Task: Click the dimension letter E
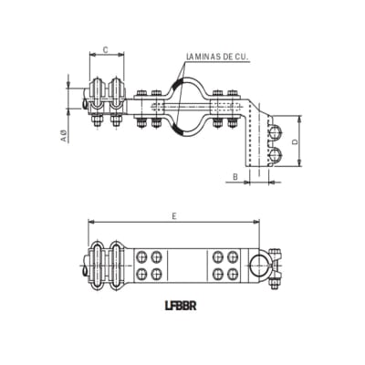pos(174,214)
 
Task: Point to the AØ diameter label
pos(65,136)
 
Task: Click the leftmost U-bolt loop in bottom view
pos(98,263)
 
